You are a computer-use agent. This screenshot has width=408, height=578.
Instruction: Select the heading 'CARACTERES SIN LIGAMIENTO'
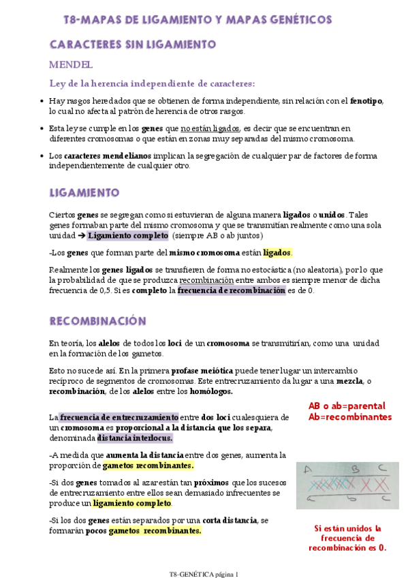(x=132, y=45)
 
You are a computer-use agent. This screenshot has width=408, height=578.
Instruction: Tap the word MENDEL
(x=70, y=65)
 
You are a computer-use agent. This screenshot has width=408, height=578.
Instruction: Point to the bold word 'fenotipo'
(x=366, y=102)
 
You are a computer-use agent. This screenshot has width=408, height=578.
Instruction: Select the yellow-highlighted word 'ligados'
(x=277, y=254)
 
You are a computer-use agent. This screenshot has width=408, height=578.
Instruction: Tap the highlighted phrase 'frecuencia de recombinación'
(x=232, y=290)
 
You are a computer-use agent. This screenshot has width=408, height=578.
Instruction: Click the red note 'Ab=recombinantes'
(x=349, y=416)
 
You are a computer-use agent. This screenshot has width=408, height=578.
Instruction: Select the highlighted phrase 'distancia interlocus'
(x=134, y=438)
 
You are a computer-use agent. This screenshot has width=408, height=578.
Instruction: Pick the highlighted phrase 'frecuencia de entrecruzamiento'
(x=119, y=417)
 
